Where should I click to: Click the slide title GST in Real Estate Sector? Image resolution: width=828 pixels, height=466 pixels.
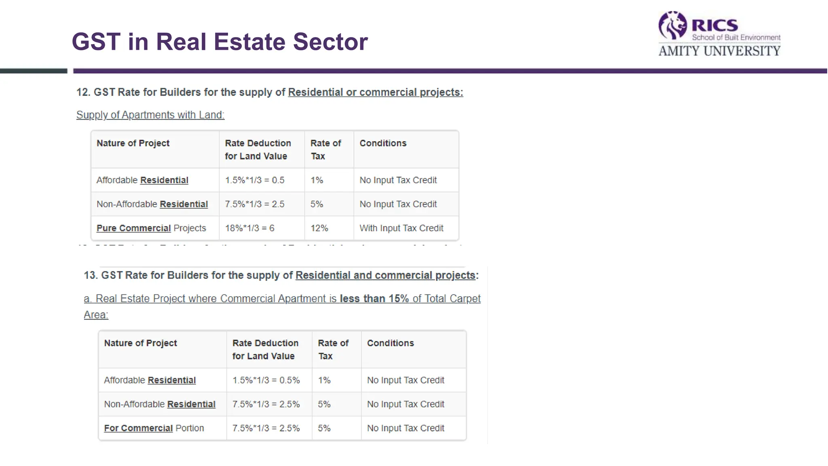click(x=220, y=42)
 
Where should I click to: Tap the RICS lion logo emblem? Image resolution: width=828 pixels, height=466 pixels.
click(x=672, y=25)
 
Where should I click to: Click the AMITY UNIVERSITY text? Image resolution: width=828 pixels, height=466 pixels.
click(x=719, y=51)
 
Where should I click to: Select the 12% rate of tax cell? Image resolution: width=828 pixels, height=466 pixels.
click(x=319, y=228)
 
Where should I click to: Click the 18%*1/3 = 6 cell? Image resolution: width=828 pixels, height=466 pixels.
click(x=249, y=228)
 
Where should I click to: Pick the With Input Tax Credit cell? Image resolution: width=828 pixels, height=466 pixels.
click(x=401, y=228)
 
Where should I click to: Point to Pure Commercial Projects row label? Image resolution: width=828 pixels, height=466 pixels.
click(x=151, y=228)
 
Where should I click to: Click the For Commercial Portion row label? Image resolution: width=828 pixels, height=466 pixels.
click(x=154, y=428)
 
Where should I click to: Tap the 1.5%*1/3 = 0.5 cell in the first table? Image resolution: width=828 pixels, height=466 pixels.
click(x=255, y=180)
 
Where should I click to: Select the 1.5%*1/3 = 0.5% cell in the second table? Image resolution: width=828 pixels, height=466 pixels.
click(x=266, y=380)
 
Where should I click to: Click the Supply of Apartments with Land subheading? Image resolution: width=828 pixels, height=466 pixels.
click(x=150, y=115)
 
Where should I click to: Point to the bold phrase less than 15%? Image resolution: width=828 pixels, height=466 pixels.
click(x=374, y=299)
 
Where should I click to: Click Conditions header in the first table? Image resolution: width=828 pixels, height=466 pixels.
click(x=383, y=143)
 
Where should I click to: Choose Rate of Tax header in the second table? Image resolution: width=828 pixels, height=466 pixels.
click(x=333, y=349)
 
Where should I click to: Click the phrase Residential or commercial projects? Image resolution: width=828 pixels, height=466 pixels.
click(x=375, y=92)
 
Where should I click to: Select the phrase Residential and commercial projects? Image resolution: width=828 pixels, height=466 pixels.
click(x=385, y=275)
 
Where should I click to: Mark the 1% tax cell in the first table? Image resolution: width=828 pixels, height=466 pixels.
click(x=317, y=180)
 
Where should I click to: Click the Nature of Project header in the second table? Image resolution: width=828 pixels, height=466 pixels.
click(x=140, y=343)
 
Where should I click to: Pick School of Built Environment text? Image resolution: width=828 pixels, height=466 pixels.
click(x=736, y=38)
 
